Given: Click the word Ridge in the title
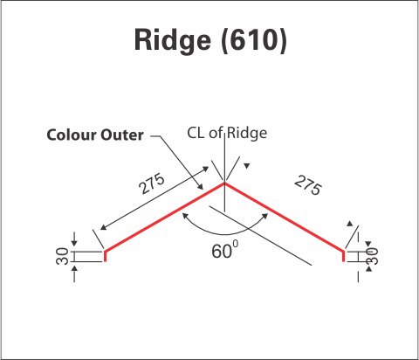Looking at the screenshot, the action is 172,41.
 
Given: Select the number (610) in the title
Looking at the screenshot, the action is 254,40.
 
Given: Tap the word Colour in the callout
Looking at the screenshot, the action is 72,135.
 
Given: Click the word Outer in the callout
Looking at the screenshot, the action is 122,135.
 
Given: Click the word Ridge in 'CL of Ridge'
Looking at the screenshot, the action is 247,134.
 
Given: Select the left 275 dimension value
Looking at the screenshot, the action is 152,183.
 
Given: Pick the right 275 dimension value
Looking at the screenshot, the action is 308,185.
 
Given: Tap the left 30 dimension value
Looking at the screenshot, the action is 62,256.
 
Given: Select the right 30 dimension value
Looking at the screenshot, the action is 373,256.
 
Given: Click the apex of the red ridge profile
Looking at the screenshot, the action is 224,183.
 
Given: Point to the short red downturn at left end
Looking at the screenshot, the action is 105,256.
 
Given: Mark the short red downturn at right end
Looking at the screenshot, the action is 344,256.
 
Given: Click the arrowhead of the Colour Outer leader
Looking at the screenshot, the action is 201,186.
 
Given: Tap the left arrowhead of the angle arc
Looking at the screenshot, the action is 185,216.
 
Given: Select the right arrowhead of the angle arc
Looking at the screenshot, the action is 265,216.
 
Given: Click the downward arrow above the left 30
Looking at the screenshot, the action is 74,239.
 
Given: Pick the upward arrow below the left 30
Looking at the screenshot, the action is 74,273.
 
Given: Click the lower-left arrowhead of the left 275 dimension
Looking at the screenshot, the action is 103,227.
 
